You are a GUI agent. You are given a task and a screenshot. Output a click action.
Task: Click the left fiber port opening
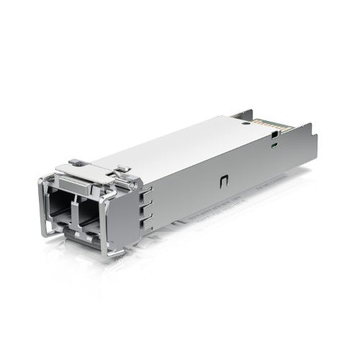61,204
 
